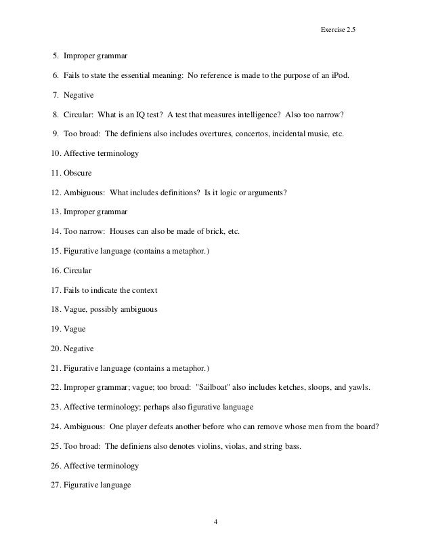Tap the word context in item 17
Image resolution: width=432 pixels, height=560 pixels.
tap(144, 290)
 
